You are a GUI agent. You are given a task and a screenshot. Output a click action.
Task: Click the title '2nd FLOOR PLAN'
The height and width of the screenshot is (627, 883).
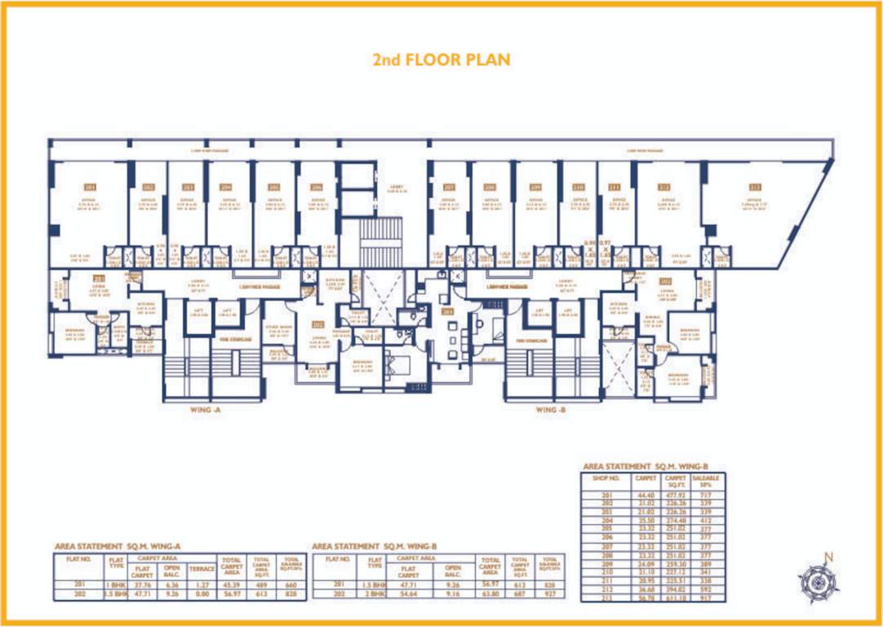tap(441, 60)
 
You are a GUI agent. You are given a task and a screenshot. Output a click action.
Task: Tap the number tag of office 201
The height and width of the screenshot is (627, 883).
tap(90, 187)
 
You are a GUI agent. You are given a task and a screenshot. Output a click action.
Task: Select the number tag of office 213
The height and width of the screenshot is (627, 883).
tap(754, 187)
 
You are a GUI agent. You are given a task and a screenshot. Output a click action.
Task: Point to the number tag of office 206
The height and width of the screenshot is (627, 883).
tap(316, 187)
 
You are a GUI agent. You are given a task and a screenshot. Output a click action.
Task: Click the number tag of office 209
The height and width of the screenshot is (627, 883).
tap(535, 187)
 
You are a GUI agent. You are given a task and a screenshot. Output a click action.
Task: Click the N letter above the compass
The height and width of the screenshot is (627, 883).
tap(829, 558)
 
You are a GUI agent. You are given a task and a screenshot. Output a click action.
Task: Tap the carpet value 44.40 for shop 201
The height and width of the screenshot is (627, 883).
tap(645, 495)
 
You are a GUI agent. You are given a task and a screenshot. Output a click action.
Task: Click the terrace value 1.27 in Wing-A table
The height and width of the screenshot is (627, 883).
tap(200, 584)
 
